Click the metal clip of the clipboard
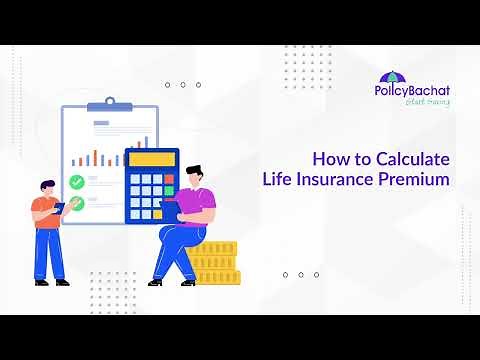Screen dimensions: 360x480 point(109,105)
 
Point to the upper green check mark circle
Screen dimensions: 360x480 point(77,183)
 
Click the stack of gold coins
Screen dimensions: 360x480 point(214,262)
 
